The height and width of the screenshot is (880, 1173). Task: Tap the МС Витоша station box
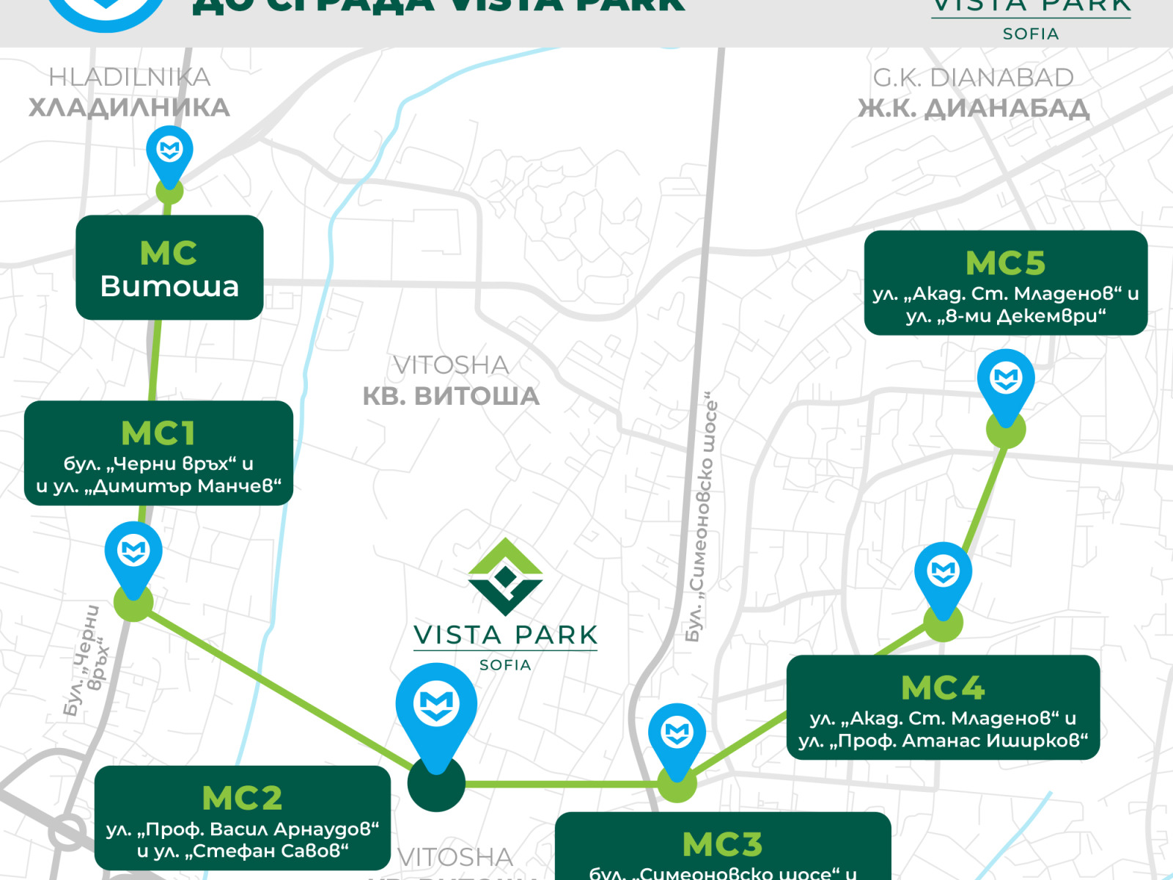pos(169,268)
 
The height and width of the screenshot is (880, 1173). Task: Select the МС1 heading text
pos(158,433)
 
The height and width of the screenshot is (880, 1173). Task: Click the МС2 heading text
pos(242,798)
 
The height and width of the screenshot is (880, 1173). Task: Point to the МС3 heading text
pos(722,845)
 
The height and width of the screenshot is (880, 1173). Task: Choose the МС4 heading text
pos(943,688)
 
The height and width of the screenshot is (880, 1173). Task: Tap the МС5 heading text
pos(1005,263)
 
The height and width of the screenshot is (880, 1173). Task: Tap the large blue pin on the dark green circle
pos(436,705)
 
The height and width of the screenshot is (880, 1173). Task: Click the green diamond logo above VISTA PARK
pos(505,576)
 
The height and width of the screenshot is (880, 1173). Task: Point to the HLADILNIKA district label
pos(129,77)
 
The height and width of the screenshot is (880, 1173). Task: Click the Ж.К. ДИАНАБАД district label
pos(974,109)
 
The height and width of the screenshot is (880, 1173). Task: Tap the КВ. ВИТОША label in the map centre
pos(451,396)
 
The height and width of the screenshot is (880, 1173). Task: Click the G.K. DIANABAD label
pos(973,77)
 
